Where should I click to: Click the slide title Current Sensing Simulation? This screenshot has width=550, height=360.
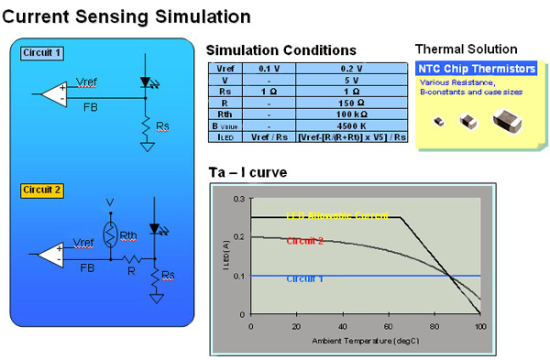(x=127, y=16)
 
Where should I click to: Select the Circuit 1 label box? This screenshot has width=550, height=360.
(x=42, y=53)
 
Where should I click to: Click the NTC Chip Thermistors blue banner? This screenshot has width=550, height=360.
(x=477, y=69)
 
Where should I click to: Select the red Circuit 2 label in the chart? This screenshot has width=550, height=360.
(x=304, y=241)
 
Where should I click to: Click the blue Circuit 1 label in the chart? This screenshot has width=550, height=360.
(x=304, y=278)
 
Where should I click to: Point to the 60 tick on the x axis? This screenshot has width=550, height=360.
(x=389, y=326)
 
